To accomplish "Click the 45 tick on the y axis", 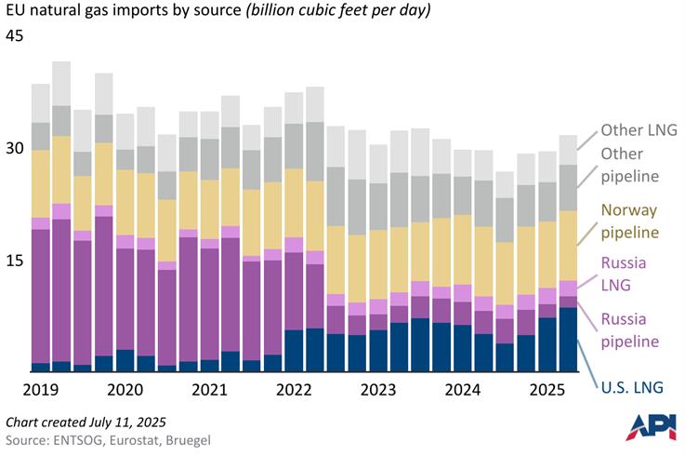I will point(15,36).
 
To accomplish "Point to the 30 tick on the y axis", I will point(15,149).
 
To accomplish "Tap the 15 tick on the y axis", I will point(15,262).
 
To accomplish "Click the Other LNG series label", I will point(640,131).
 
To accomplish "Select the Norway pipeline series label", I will point(640,221).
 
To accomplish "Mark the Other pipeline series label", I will point(640,165).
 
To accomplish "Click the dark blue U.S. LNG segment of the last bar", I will point(567,340).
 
